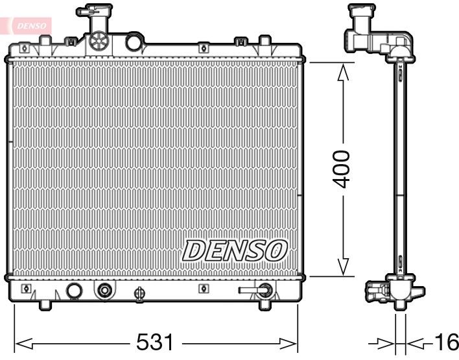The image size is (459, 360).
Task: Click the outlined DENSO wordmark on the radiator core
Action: pyautogui.click(x=234, y=250)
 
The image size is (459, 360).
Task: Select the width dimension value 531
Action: pyautogui.click(x=156, y=342)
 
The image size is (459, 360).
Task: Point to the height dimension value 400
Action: pyautogui.click(x=341, y=169)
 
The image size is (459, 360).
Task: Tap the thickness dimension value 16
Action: pyautogui.click(x=445, y=342)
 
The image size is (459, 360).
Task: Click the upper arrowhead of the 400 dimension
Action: pyautogui.click(x=343, y=73)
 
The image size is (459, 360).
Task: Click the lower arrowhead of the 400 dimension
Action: pyautogui.click(x=343, y=265)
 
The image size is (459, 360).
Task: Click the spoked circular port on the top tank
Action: pyautogui.click(x=99, y=42)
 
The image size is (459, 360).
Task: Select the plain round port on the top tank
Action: pyautogui.click(x=134, y=43)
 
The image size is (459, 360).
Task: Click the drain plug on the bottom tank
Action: pyautogui.click(x=138, y=294)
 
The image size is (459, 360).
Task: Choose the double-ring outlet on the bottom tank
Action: pyautogui.click(x=103, y=291)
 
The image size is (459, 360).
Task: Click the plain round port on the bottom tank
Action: pyautogui.click(x=75, y=291)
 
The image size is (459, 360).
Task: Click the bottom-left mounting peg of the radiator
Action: pyautogui.click(x=45, y=304)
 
